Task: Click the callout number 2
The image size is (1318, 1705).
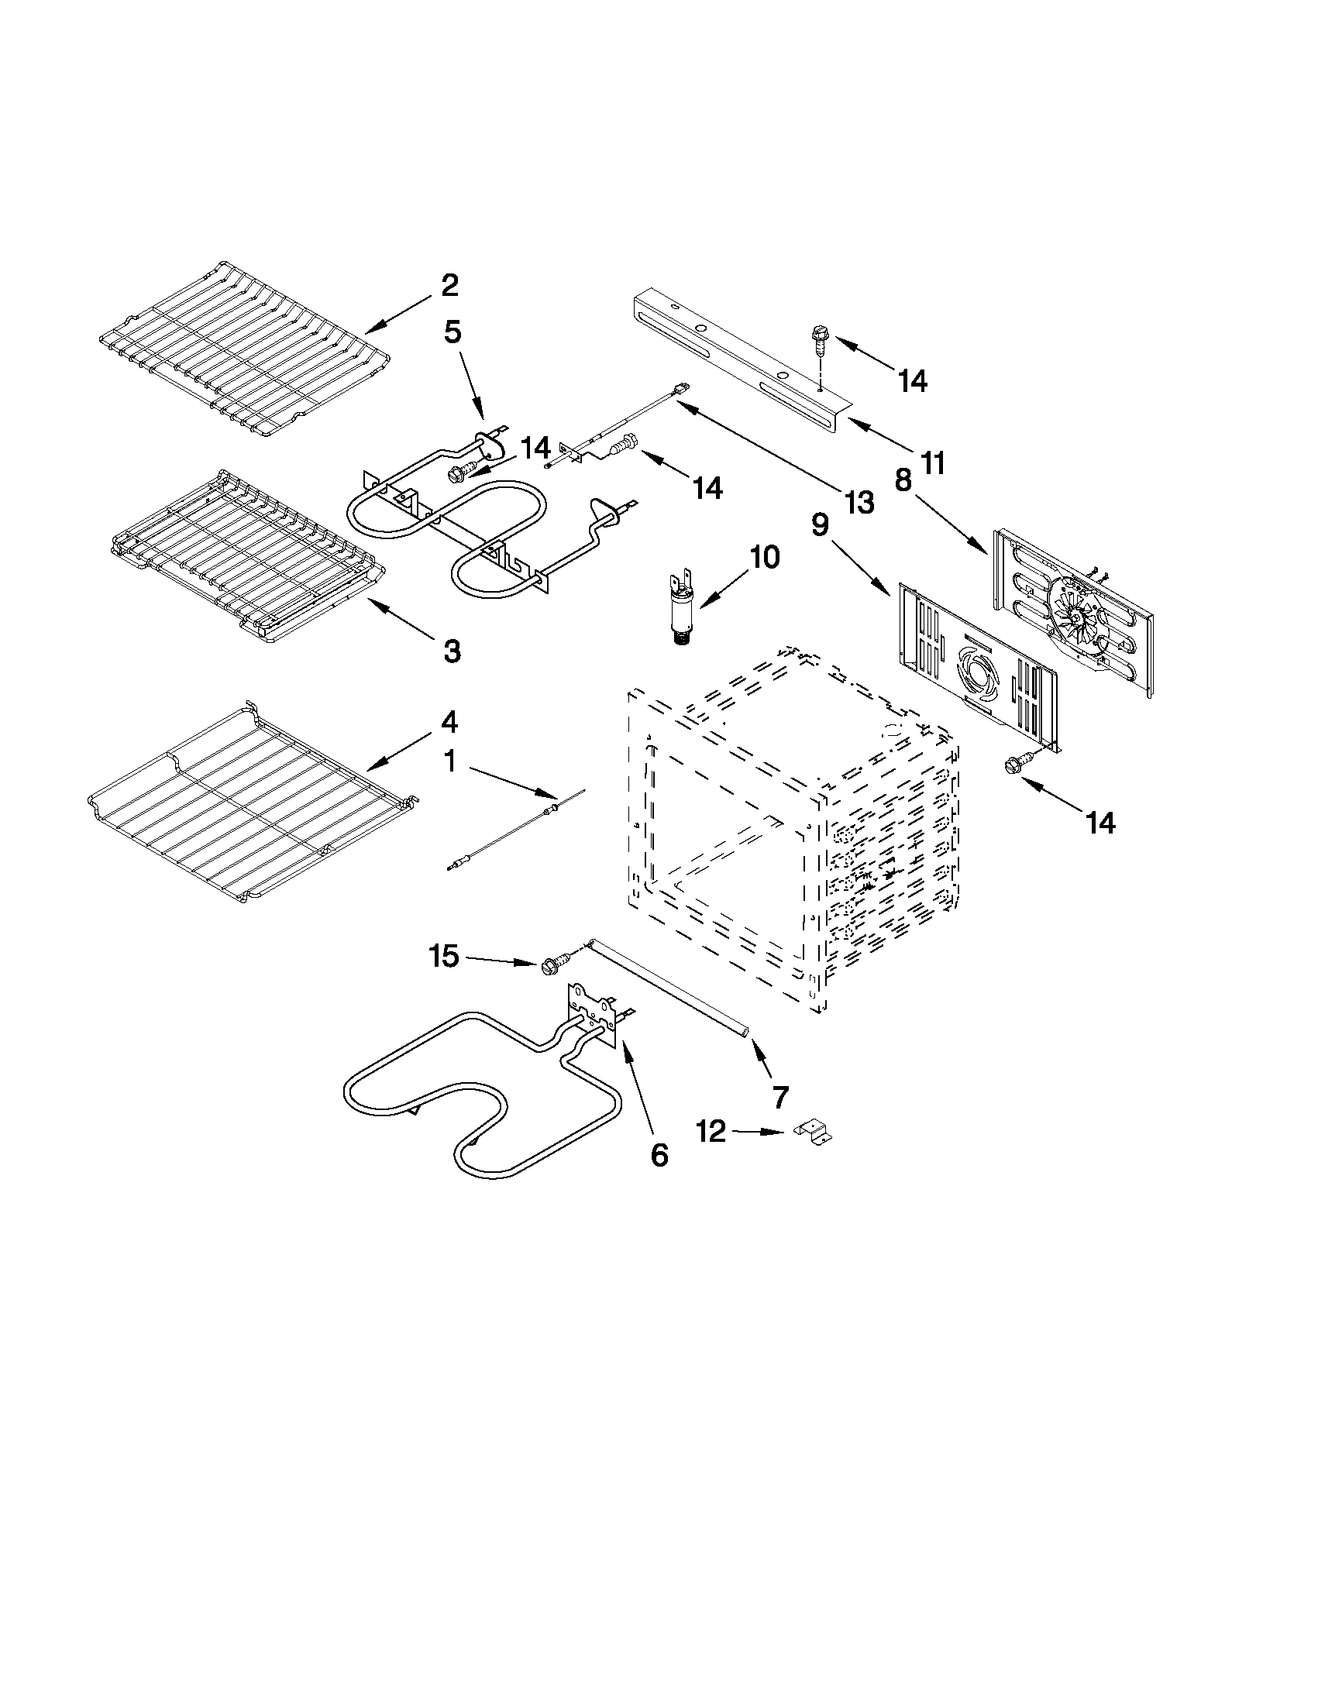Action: click(x=449, y=286)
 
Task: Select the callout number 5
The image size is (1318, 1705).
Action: click(x=453, y=332)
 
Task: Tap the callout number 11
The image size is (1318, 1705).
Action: click(x=932, y=463)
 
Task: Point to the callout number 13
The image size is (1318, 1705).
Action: click(x=859, y=503)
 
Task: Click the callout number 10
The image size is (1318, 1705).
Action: click(x=765, y=558)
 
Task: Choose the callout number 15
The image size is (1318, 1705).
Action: click(x=444, y=956)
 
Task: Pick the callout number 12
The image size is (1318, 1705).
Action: click(x=711, y=1131)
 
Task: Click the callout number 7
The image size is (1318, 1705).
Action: click(x=780, y=1097)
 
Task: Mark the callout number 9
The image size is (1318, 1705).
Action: click(x=820, y=525)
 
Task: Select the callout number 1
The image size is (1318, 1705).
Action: click(x=449, y=761)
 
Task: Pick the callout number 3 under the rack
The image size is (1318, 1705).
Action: click(x=452, y=650)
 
